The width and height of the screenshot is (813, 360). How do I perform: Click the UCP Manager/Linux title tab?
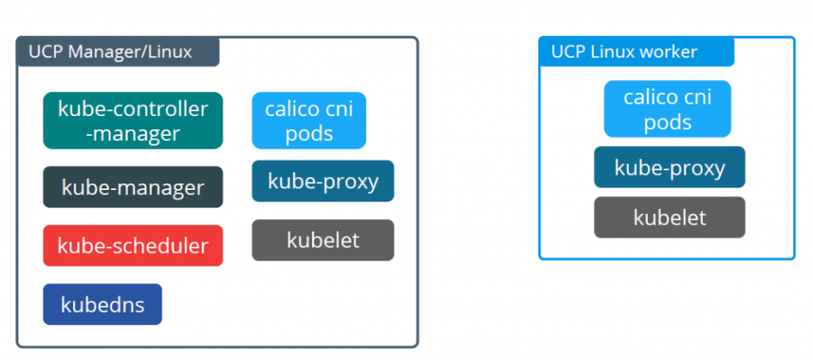point(117,52)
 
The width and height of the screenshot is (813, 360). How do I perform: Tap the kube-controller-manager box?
point(133,120)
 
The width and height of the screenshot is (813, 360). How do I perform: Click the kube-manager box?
point(133,187)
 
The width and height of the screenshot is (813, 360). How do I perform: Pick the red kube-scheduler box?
point(133,246)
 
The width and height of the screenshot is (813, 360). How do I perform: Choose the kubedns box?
point(102,304)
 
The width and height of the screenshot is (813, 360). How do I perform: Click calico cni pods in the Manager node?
point(309,120)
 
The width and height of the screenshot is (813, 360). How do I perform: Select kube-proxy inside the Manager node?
point(323,181)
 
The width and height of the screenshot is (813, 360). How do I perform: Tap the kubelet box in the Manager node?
point(323,240)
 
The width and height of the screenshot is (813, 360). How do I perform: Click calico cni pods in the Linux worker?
point(667,109)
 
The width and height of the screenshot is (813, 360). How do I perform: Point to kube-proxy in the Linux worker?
point(669,168)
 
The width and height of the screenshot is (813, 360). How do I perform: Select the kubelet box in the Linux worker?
point(669,217)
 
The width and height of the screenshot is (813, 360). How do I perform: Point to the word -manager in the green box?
point(133,133)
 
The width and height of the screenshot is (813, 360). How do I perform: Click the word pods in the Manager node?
point(309,134)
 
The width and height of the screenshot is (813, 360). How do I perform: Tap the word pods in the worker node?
point(667,122)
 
